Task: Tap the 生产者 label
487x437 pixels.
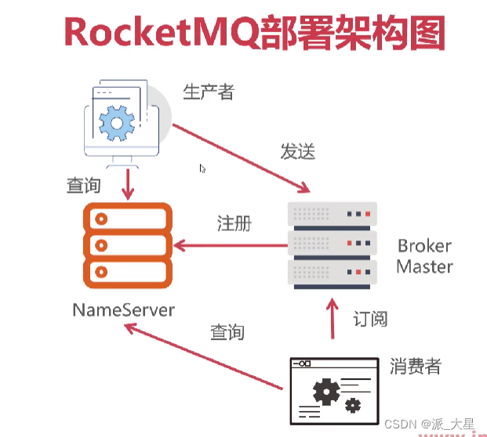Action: [209, 92]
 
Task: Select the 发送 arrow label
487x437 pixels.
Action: [297, 151]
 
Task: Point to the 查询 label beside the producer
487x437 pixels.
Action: [83, 186]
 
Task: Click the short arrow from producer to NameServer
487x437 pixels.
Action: [126, 183]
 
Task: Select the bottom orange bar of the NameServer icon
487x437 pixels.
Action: [126, 272]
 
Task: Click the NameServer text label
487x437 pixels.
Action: [123, 309]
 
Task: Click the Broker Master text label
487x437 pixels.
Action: [424, 256]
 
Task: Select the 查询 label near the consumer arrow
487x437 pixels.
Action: [227, 332]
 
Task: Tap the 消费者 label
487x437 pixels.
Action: [416, 366]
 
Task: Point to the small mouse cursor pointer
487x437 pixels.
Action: [202, 168]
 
